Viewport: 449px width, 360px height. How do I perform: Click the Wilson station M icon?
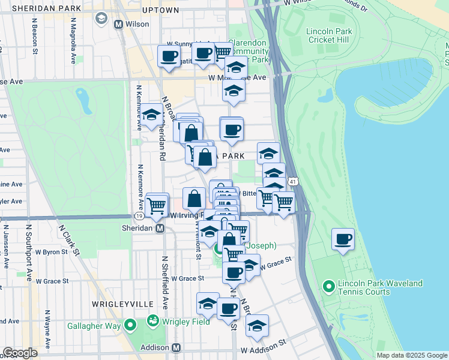[118, 25]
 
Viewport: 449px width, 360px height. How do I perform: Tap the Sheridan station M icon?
[160, 228]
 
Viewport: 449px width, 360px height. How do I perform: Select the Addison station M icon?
[176, 347]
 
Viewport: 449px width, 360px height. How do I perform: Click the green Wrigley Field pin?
[154, 321]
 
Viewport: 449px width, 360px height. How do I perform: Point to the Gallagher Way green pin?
[130, 326]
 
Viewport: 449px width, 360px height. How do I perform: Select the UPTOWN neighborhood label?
[161, 10]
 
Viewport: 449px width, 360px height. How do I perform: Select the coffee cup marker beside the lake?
[344, 239]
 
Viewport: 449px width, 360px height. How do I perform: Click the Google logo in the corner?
[20, 353]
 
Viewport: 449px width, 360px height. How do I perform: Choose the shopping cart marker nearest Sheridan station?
[157, 205]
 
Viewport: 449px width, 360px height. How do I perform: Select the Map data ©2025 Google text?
[412, 355]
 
